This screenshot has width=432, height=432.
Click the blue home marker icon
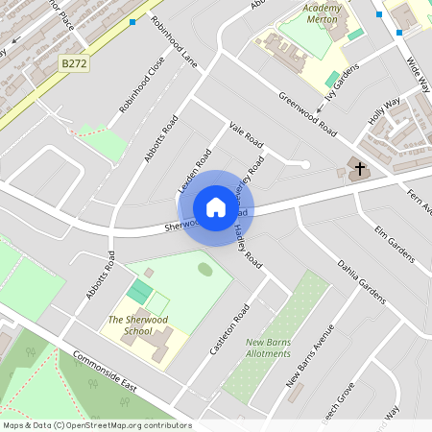(x=215, y=207)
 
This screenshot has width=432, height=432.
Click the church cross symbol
(x=360, y=170)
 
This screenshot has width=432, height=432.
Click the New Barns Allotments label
(x=268, y=348)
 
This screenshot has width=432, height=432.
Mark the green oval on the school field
(x=205, y=269)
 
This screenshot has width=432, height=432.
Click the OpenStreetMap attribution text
(x=96, y=425)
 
